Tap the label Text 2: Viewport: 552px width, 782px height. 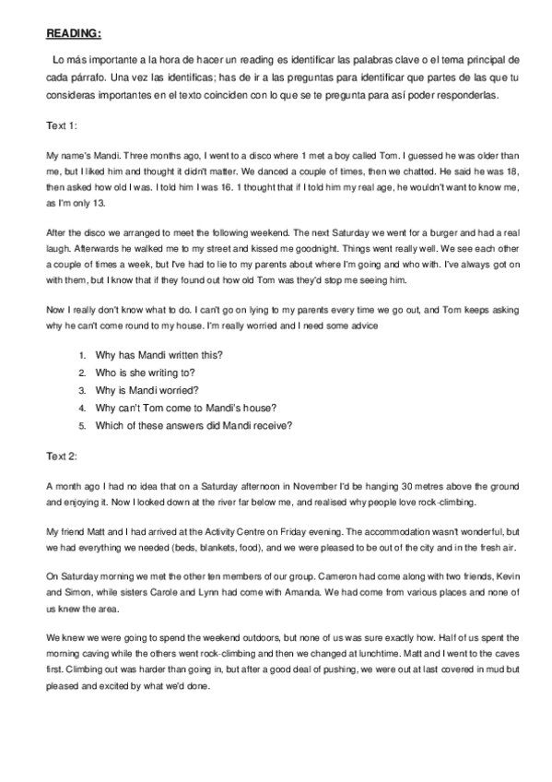[62, 456]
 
